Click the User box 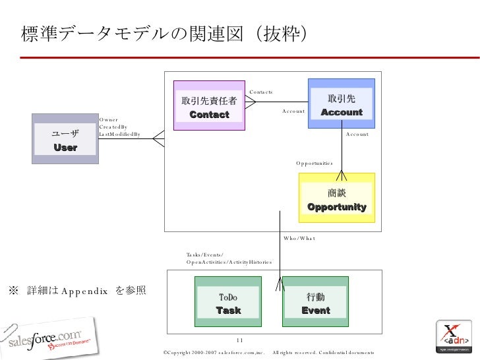65,138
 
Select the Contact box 209,106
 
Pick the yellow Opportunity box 337,198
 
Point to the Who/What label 299,237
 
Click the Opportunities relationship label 315,163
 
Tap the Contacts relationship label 261,92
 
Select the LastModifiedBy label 119,134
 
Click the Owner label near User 108,119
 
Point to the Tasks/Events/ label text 205,254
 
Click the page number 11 240,340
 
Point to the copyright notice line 268,353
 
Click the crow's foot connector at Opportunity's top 342,175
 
